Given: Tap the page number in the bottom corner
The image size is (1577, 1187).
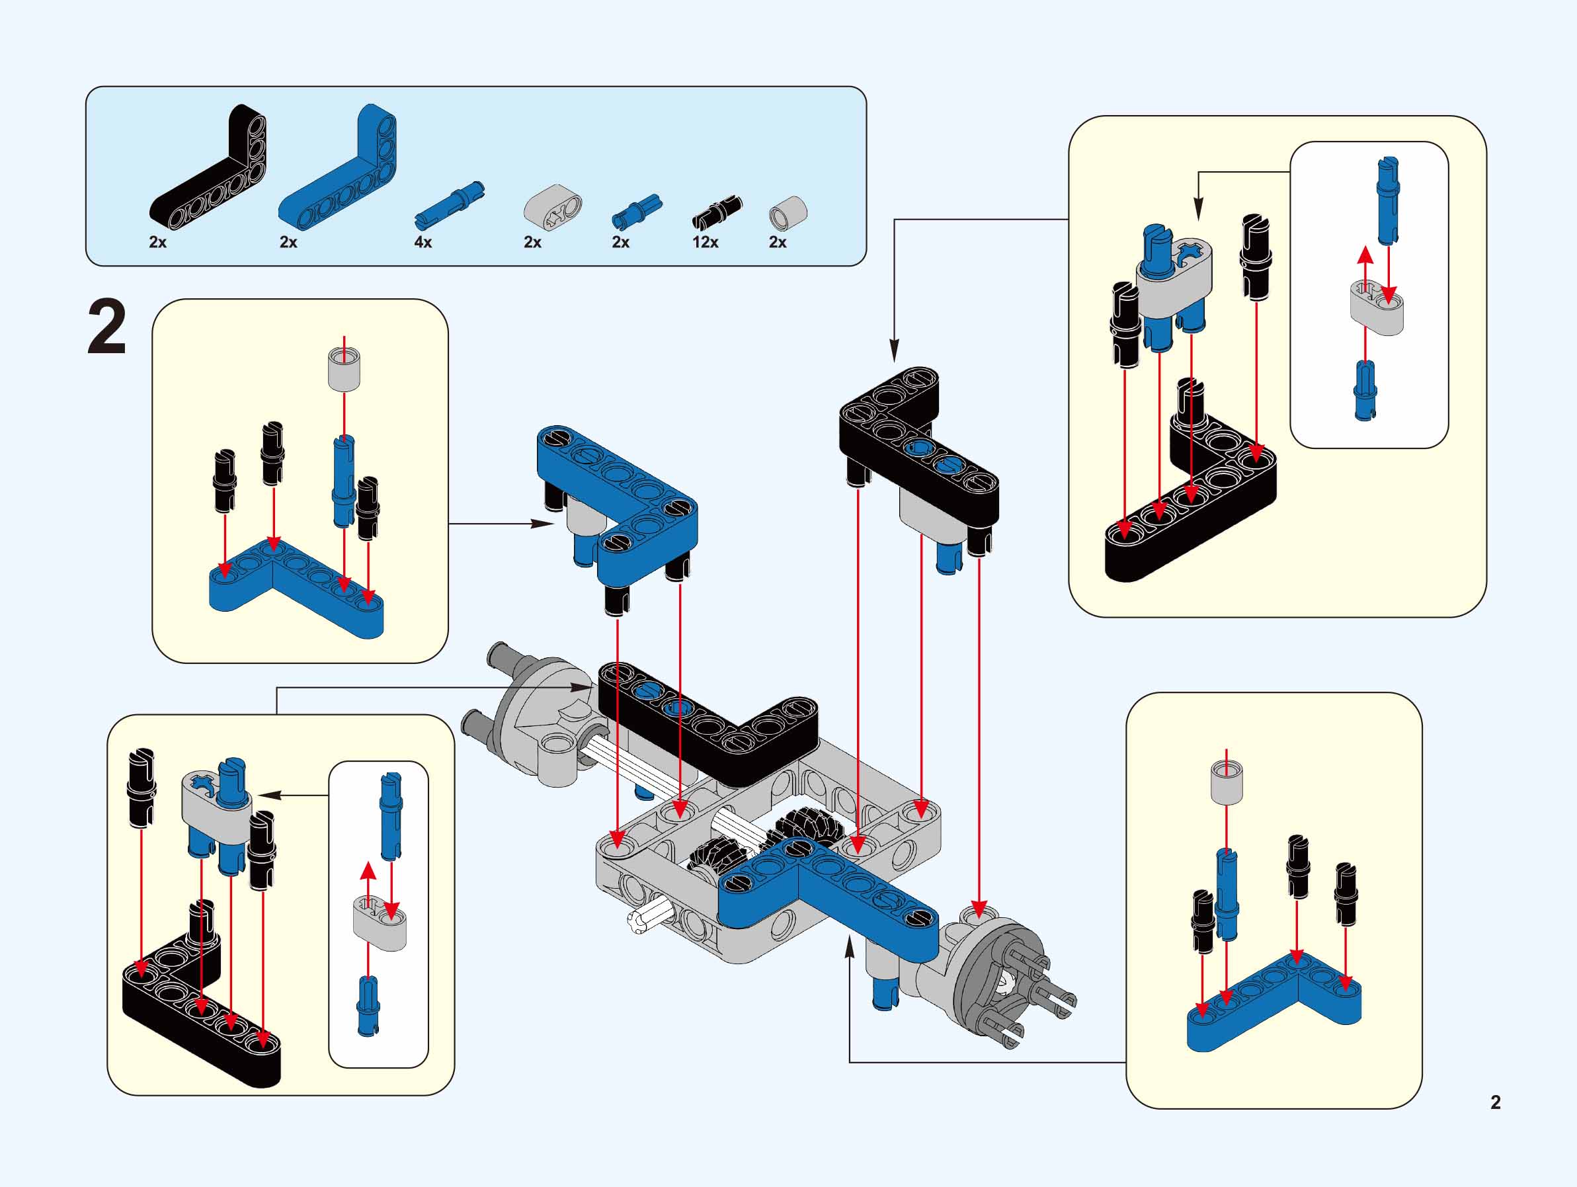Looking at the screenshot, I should tap(1495, 1102).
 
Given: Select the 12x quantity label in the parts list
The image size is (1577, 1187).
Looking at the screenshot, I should tap(704, 243).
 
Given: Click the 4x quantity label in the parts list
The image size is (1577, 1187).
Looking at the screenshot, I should tap(423, 243).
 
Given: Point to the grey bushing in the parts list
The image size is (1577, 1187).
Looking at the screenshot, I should tap(787, 212).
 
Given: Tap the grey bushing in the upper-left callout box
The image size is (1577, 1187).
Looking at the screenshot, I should tap(344, 369).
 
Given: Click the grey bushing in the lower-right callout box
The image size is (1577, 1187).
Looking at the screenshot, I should tap(1227, 782).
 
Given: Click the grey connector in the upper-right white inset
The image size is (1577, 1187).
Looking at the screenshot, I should tap(1376, 308).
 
